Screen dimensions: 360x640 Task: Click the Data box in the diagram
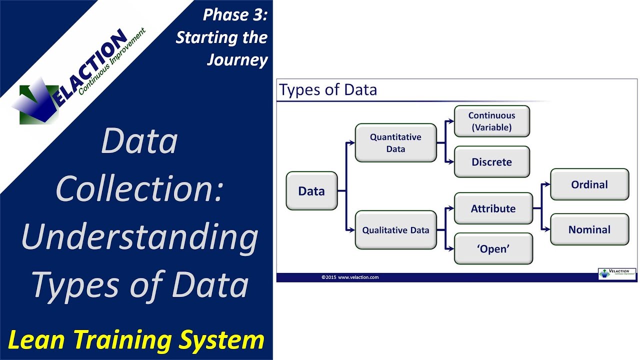(x=311, y=191)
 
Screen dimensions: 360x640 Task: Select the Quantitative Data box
(x=395, y=143)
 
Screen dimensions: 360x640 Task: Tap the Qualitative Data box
(x=395, y=230)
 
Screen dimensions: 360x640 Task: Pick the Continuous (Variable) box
(x=491, y=121)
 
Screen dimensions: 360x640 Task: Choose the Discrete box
(x=491, y=162)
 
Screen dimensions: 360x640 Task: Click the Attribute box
(x=493, y=208)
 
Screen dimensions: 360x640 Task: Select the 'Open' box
(x=493, y=249)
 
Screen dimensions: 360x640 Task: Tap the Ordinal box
(x=589, y=184)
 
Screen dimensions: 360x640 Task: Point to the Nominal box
(x=589, y=230)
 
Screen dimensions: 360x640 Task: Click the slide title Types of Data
(x=328, y=90)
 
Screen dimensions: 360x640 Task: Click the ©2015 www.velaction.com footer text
(x=350, y=277)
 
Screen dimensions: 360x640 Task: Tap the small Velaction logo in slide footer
(x=617, y=273)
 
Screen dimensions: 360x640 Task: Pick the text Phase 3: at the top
(x=235, y=15)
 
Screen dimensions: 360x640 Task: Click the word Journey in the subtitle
(x=237, y=60)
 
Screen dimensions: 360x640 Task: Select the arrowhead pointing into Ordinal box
(x=547, y=184)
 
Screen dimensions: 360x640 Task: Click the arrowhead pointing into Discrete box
(x=451, y=162)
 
